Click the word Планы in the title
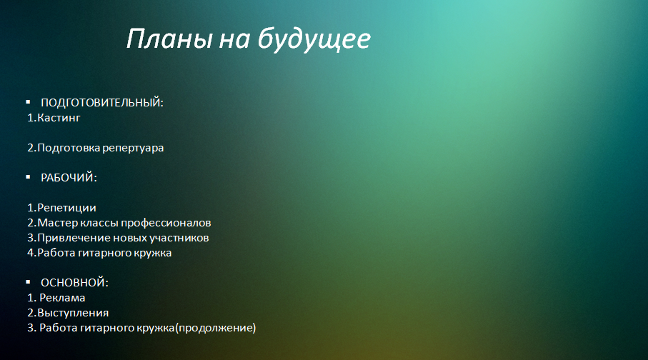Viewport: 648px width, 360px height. click(x=169, y=39)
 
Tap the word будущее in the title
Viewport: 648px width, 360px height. click(x=314, y=40)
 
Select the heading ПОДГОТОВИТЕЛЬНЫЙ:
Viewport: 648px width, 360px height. click(x=102, y=103)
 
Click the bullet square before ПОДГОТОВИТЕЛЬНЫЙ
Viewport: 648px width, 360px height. click(x=28, y=101)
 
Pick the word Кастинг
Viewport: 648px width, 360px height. click(x=59, y=118)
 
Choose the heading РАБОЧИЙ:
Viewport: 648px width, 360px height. click(x=69, y=178)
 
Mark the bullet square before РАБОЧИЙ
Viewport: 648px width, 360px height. click(x=28, y=177)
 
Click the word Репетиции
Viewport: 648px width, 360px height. click(x=66, y=209)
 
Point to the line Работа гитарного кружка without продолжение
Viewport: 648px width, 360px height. click(x=99, y=253)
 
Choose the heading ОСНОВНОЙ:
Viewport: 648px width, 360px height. click(x=75, y=283)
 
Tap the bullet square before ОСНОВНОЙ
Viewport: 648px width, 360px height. click(x=28, y=282)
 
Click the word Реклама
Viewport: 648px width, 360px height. click(x=62, y=298)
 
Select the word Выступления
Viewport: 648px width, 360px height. click(x=73, y=314)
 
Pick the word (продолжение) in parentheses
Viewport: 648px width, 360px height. click(x=216, y=328)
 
